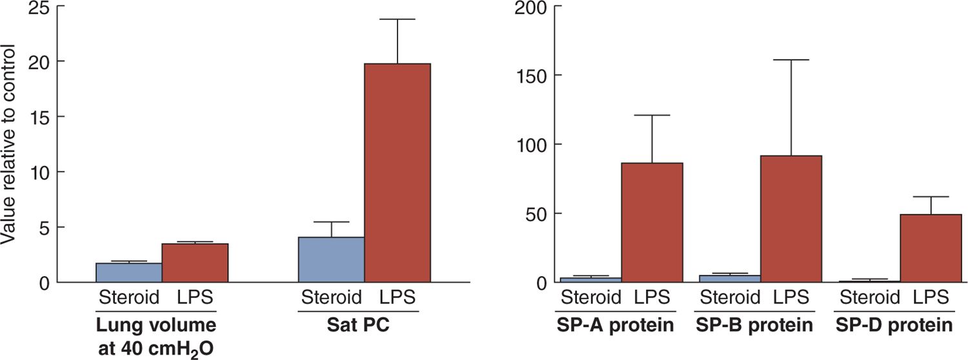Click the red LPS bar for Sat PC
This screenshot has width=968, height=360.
[x=398, y=173]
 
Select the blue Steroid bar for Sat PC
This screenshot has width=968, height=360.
[x=331, y=259]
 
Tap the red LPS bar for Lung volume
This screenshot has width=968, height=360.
[x=195, y=263]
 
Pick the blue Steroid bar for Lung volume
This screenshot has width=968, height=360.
[x=128, y=272]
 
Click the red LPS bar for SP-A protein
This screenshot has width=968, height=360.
[x=652, y=223]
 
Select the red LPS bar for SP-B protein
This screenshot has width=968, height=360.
[x=791, y=219]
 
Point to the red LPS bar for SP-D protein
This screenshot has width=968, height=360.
[x=931, y=248]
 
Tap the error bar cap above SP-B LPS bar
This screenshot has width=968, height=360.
[x=791, y=60]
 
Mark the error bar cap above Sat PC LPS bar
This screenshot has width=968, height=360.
[x=398, y=19]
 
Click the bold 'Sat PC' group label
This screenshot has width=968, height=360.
[x=358, y=325]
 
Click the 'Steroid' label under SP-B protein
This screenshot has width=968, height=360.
[x=730, y=298]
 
